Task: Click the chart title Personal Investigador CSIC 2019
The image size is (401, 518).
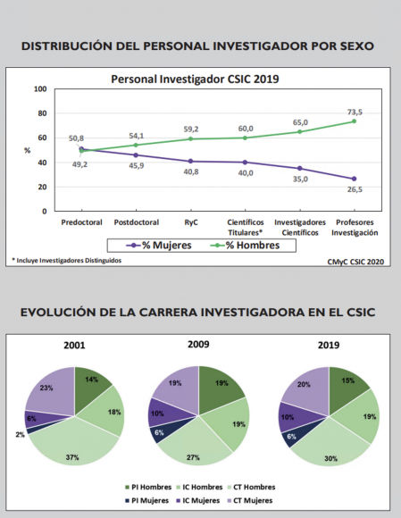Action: point(195,79)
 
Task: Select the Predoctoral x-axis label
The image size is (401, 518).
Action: point(80,221)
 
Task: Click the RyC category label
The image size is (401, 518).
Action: point(191,221)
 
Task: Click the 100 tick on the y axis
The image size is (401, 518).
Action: point(40,89)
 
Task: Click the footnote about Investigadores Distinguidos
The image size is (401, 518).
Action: point(67,260)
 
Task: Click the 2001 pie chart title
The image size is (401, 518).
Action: point(75,345)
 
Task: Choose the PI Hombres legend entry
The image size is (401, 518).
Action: point(148,487)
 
